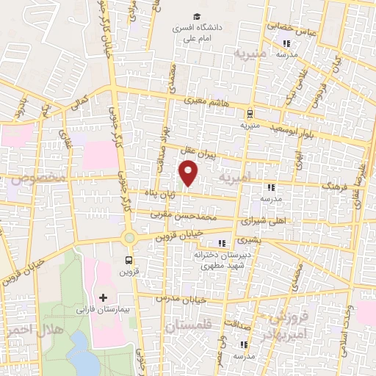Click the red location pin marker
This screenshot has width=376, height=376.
point(189,173)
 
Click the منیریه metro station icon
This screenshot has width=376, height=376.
point(250,114)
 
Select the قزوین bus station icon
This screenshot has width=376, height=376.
point(129,260)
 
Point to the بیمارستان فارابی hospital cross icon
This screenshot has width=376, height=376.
point(103,298)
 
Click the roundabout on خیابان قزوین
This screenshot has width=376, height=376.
point(129,237)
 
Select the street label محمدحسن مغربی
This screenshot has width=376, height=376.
point(184,215)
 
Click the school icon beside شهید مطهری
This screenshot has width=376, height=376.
point(222,244)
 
